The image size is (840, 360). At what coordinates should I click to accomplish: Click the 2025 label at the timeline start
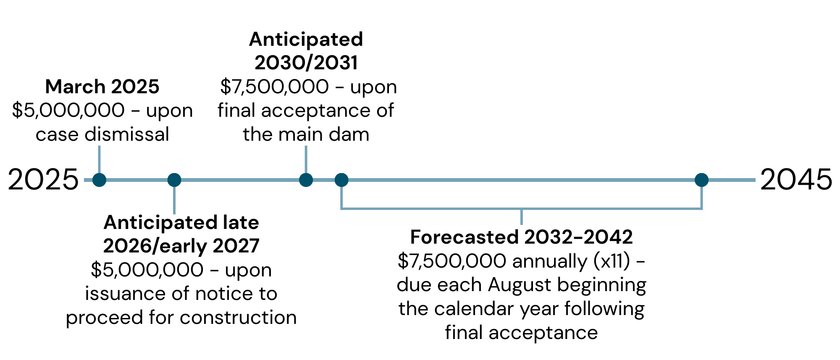coord(43,180)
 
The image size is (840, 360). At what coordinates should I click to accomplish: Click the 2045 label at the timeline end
coord(796,180)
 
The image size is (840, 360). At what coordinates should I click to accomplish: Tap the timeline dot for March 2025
coord(99,180)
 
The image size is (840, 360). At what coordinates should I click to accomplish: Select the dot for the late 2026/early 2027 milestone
coord(174,180)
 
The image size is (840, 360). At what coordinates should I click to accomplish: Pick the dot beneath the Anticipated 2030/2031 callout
coord(306,180)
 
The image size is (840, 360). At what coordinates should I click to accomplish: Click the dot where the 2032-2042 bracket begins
coord(341,180)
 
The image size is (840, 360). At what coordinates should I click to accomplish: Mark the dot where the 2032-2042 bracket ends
coord(701,180)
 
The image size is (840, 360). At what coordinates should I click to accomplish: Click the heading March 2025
coord(102,87)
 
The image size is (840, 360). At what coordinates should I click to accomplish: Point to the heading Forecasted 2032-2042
coord(521,237)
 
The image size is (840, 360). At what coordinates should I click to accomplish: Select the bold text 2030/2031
coord(306,63)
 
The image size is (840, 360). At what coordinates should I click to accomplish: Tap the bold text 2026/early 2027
coord(181,246)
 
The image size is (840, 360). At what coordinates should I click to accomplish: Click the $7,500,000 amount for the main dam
coord(274,87)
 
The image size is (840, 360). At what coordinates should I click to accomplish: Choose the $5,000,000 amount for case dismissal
coord(68,110)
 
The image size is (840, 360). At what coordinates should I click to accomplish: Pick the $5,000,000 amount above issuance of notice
coord(147,270)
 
